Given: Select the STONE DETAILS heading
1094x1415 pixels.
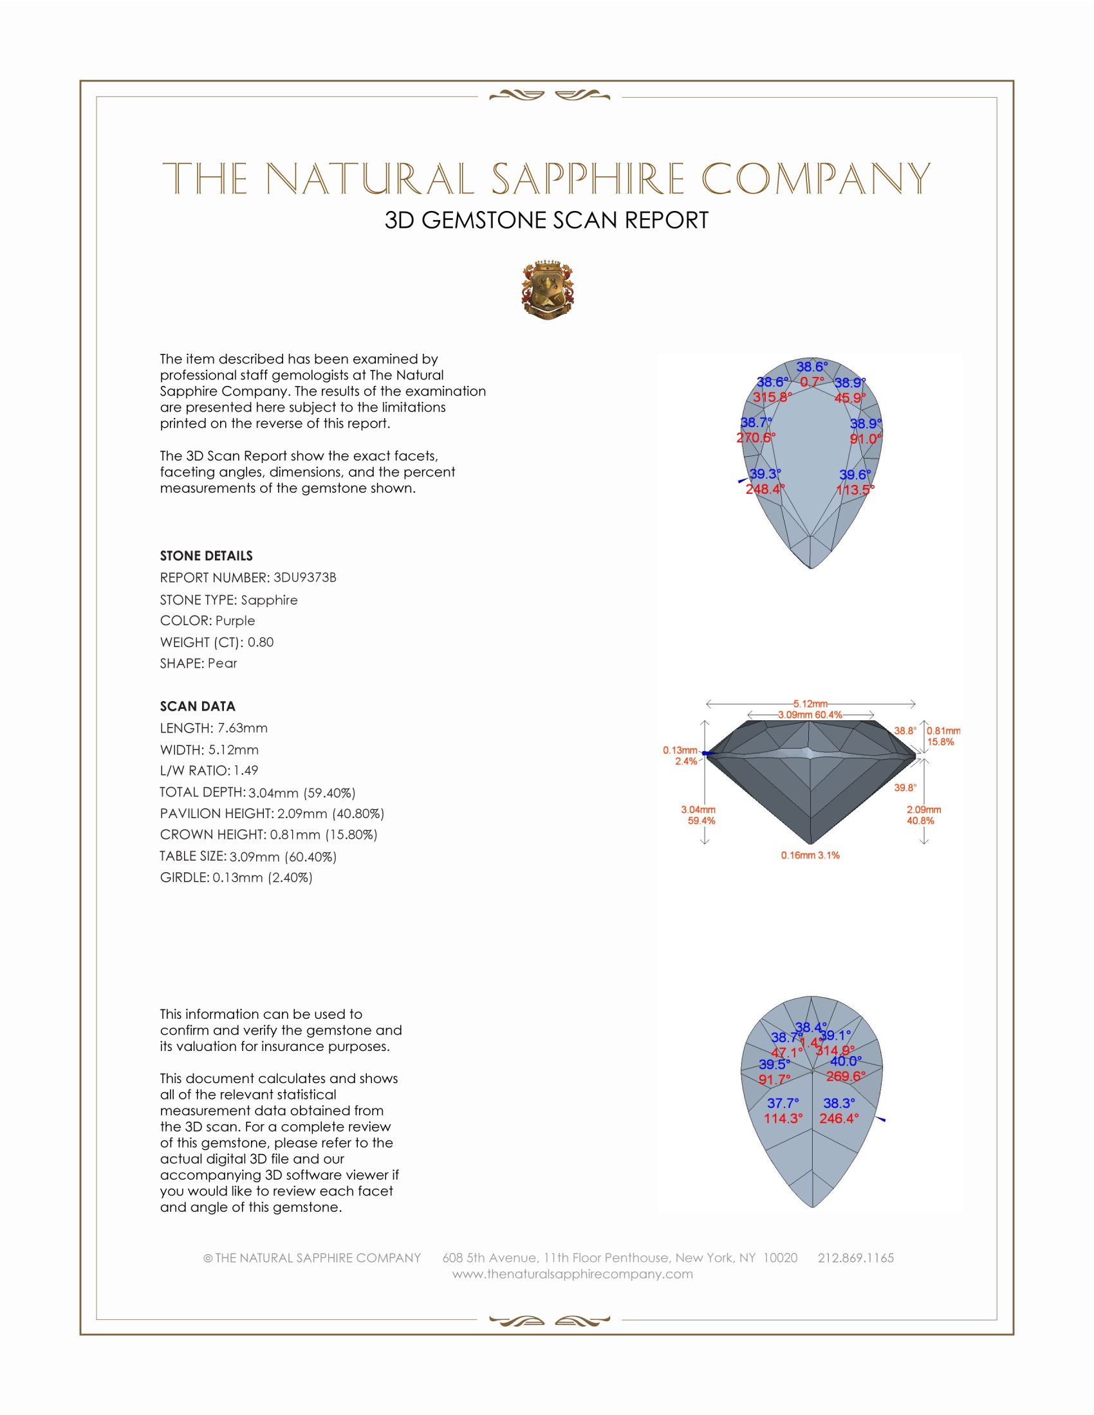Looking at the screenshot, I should [206, 556].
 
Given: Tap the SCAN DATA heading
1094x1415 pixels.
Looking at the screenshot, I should [197, 706].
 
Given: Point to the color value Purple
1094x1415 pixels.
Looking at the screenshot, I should [235, 621].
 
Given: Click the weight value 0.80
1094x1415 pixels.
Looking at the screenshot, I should [261, 642].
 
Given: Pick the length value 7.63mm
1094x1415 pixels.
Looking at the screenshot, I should [243, 728].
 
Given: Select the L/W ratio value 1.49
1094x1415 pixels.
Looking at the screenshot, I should [246, 771].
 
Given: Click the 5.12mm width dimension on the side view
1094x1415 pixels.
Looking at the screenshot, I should [810, 704].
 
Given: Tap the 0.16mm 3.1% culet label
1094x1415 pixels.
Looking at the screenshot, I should [810, 855].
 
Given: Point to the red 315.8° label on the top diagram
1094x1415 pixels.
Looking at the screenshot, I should [772, 397].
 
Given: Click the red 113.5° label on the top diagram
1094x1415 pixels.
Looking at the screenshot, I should [855, 490].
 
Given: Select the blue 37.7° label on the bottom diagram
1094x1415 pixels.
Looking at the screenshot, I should [783, 1102].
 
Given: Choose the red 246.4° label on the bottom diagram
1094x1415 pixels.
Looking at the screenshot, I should [839, 1118].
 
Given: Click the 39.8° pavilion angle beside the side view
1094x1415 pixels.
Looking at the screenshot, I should [905, 788].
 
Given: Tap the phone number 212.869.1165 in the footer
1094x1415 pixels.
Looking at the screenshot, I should [855, 1257].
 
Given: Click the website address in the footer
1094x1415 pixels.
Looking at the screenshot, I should [572, 1273].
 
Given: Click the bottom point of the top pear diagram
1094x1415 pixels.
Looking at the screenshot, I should [811, 567].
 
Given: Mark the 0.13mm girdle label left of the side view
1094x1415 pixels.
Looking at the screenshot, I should [679, 750].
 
